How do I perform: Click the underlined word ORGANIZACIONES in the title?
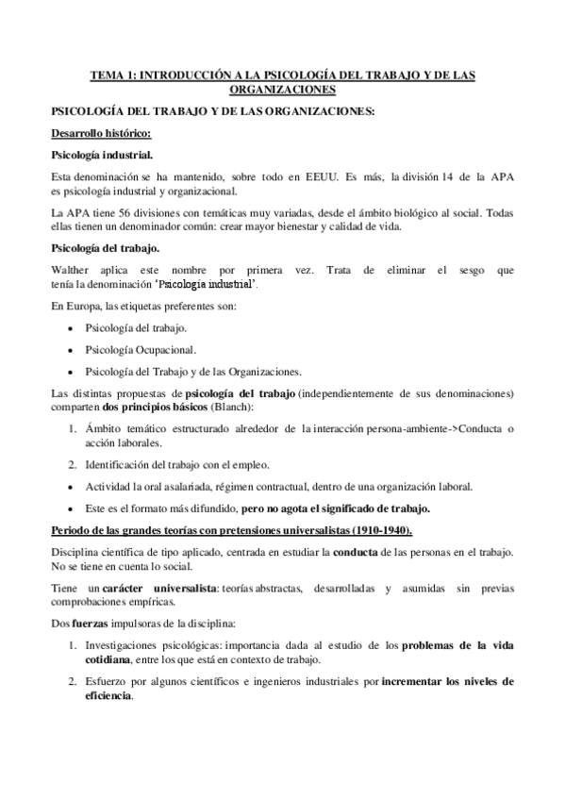pyautogui.click(x=282, y=90)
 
